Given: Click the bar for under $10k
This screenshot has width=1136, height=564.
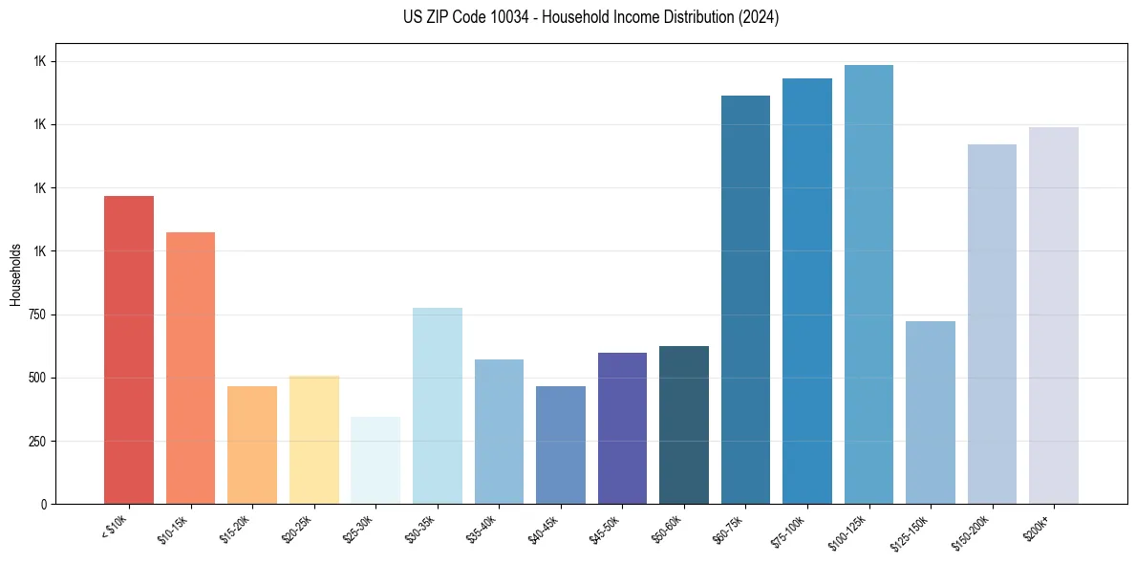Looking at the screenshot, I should (128, 350).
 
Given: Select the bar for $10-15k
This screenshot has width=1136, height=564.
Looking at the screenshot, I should (190, 368).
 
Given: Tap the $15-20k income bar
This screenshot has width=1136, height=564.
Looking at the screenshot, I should (252, 445).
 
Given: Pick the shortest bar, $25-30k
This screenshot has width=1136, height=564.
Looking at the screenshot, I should (375, 460).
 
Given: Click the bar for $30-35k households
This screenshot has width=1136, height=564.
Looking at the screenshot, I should (437, 405).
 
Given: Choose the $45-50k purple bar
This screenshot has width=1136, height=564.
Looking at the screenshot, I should (622, 428).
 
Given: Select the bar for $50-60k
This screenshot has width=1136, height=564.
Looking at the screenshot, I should (684, 424).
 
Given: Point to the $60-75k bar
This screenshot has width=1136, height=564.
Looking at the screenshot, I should (745, 299).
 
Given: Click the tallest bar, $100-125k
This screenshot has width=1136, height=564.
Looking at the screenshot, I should (868, 284).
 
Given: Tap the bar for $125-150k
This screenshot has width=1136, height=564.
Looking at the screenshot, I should (931, 412).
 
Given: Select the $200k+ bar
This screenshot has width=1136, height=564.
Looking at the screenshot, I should (1054, 315).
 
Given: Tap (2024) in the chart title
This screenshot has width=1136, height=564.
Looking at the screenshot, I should (759, 17).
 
